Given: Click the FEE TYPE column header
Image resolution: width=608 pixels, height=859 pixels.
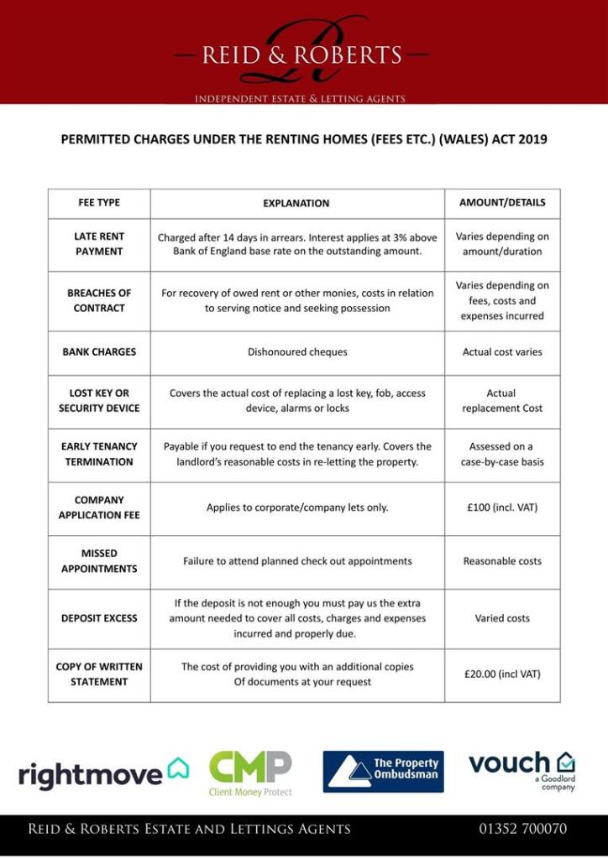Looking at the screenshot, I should coord(99,202).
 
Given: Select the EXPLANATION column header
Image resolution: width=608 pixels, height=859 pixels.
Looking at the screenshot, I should coord(296,203).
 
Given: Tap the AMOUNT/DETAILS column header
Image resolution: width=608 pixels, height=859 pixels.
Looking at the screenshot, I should coord(502,202).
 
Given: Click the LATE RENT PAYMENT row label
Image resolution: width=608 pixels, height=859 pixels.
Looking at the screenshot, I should coord(99,244).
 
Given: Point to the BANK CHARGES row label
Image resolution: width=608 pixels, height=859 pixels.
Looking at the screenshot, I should coord(99,352).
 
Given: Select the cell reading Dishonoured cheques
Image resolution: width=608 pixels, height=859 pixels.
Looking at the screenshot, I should coord(297,352).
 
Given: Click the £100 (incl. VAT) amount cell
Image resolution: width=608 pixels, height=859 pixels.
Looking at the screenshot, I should coord(502,508).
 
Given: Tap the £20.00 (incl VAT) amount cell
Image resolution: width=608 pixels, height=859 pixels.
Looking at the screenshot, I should coord(502,674).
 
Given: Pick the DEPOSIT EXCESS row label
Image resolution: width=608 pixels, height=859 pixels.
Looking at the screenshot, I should coord(99,618).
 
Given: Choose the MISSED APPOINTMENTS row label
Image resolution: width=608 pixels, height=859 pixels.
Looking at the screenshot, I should coord(99,561).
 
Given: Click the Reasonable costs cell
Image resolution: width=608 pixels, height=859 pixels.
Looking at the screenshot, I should coord(502,561).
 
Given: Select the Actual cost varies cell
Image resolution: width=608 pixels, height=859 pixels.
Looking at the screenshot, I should coord(502,352).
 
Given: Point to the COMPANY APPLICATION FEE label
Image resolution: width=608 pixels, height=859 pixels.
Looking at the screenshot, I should coord(99,508).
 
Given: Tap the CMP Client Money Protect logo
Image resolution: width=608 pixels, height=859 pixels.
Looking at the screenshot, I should coord(250,773).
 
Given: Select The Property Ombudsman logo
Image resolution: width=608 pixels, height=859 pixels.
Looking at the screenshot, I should coord(383,772).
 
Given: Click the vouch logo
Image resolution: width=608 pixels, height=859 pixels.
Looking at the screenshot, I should coord(522,768).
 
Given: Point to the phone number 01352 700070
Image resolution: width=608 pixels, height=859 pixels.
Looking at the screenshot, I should coord(523,829).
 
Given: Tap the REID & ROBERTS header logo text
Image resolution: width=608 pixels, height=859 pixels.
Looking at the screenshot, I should coord(302,55).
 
